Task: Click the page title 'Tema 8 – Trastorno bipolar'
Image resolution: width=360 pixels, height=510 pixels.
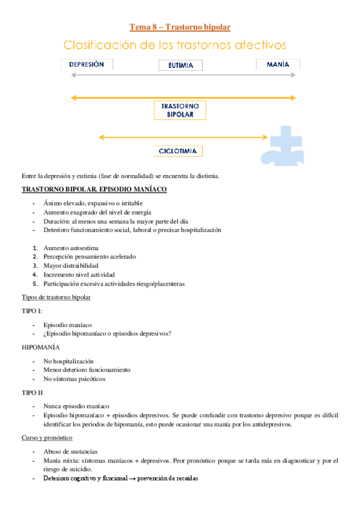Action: pyautogui.click(x=180, y=27)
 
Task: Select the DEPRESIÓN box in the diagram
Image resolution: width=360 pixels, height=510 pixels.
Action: pyautogui.click(x=87, y=64)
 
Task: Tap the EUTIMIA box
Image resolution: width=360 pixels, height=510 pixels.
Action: pyautogui.click(x=180, y=66)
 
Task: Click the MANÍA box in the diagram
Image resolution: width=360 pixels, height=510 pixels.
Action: pyautogui.click(x=278, y=64)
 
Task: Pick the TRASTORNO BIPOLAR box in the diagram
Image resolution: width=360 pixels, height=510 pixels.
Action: pyautogui.click(x=180, y=109)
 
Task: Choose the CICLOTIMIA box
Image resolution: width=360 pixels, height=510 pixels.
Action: pyautogui.click(x=177, y=151)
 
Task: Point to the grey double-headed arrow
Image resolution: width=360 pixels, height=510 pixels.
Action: pyautogui.click(x=183, y=75)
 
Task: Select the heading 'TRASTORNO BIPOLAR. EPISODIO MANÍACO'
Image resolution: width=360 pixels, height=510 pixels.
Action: pyautogui.click(x=94, y=189)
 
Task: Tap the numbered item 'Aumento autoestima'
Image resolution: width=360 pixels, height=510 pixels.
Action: pyautogui.click(x=71, y=248)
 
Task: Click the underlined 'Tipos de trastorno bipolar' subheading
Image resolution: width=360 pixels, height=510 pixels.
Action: pyautogui.click(x=56, y=297)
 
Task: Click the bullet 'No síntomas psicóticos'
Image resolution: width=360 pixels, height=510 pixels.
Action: pyautogui.click(x=74, y=379)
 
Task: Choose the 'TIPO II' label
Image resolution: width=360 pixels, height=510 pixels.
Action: pyautogui.click(x=32, y=392)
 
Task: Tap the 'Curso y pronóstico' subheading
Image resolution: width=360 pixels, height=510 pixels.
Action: pyautogui.click(x=47, y=438)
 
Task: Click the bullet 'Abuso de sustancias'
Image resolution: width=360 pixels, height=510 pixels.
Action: pyautogui.click(x=70, y=451)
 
